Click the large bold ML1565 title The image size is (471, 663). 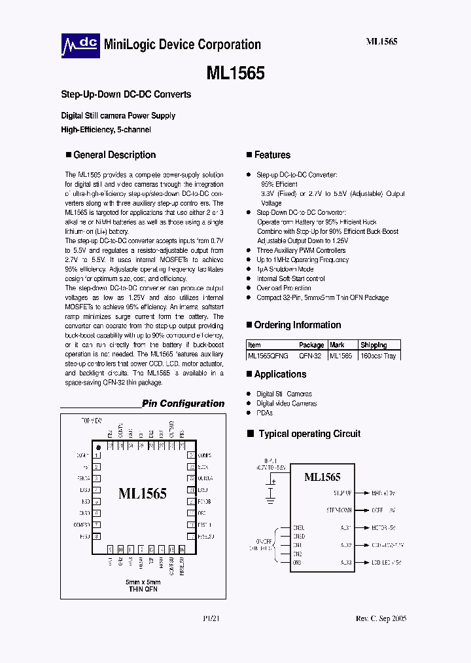[x=235, y=73]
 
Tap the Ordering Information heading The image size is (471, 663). [x=297, y=325]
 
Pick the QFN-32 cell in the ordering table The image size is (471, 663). [x=311, y=356]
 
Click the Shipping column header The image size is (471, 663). [x=374, y=345]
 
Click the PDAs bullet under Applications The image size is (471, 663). [x=264, y=413]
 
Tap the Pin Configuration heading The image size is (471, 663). [x=183, y=404]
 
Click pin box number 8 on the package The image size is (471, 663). [x=97, y=537]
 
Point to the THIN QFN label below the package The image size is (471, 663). [x=143, y=590]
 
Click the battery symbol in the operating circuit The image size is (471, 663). [x=270, y=490]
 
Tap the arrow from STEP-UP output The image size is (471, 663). [x=361, y=493]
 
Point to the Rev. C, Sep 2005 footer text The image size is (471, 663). [x=381, y=619]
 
